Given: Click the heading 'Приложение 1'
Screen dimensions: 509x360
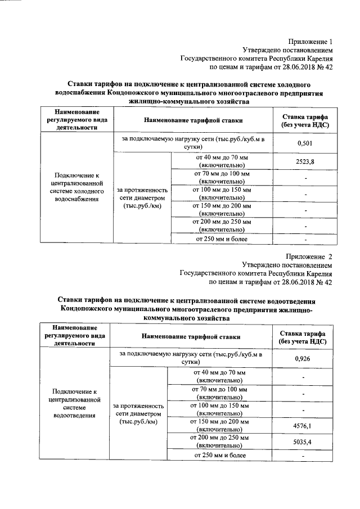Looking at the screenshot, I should [x=311, y=42].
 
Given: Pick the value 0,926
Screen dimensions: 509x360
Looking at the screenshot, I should [x=303, y=358].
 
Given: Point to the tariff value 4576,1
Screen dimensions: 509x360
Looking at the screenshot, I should [x=303, y=426].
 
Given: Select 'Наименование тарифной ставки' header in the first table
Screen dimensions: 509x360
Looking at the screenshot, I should [x=193, y=120].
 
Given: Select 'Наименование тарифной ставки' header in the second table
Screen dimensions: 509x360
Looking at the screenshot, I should [x=191, y=336].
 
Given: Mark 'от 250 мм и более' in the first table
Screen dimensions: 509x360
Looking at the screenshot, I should [x=221, y=240].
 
